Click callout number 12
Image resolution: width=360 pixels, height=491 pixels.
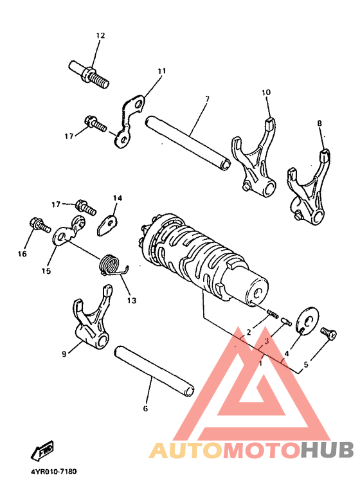100,35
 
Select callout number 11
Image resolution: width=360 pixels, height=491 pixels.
161,71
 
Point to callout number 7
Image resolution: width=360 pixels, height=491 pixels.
207,99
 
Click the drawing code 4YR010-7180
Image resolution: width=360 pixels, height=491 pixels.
53,471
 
